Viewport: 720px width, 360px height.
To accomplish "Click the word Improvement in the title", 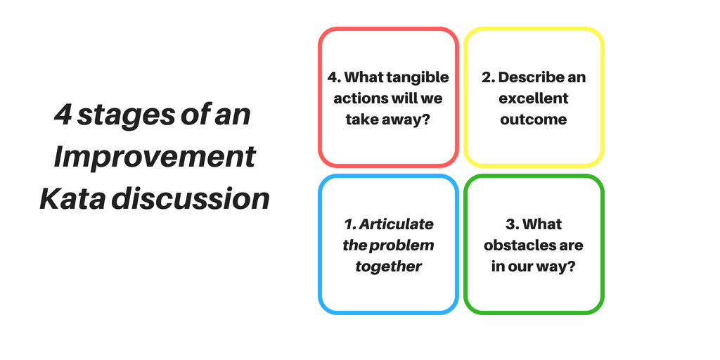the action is (155, 157).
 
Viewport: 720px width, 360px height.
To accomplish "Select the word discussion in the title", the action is (190, 199).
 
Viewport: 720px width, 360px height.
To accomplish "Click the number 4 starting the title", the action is (63, 115).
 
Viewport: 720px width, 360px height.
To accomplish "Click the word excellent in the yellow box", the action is (534, 98).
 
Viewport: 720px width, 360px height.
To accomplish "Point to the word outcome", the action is (534, 120).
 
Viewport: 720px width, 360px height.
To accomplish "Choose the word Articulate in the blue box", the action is (396, 224).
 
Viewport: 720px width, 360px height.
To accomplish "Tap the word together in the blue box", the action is (388, 267).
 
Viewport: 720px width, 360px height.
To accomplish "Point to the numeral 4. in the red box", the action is (334, 77).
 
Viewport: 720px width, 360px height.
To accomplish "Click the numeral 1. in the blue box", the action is (350, 224).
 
